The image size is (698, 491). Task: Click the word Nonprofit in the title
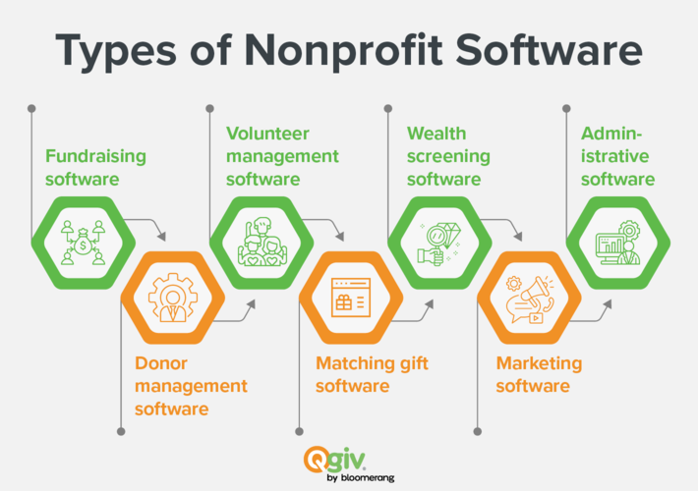pyautogui.click(x=344, y=50)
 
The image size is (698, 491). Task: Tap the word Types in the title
pyautogui.click(x=116, y=51)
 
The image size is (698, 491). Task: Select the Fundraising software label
pyautogui.click(x=95, y=168)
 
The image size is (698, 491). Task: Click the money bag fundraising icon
pyautogui.click(x=84, y=243)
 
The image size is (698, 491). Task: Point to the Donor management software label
pyautogui.click(x=191, y=386)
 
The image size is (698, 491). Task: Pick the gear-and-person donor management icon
pyautogui.click(x=173, y=298)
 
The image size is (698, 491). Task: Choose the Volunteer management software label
pyautogui.click(x=282, y=156)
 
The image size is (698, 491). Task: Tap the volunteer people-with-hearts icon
pyautogui.click(x=262, y=242)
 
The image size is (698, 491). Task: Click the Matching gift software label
pyautogui.click(x=372, y=374)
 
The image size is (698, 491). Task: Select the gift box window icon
pyautogui.click(x=351, y=298)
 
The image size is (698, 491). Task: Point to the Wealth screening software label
pyautogui.click(x=448, y=156)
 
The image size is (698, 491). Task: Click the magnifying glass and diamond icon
pyautogui.click(x=439, y=243)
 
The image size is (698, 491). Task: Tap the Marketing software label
pyautogui.click(x=539, y=374)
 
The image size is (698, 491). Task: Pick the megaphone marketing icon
pyautogui.click(x=530, y=299)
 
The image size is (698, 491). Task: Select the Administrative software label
pyautogui.click(x=617, y=156)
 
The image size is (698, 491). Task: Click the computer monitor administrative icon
pyautogui.click(x=618, y=243)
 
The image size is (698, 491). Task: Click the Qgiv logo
pyautogui.click(x=335, y=460)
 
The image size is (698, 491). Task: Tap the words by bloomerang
pyautogui.click(x=361, y=478)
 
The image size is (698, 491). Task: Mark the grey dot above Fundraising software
pyautogui.click(x=31, y=109)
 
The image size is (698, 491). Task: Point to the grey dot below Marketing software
pyautogui.click(x=478, y=431)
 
